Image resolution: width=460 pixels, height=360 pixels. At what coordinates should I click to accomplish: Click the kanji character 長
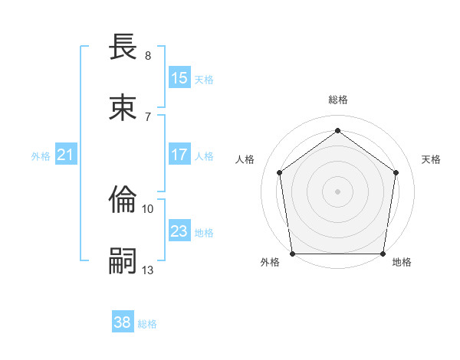(x=123, y=47)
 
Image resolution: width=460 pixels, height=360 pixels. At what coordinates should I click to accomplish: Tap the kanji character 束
(x=123, y=107)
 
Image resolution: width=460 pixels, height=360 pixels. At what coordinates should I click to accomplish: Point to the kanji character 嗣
(x=123, y=260)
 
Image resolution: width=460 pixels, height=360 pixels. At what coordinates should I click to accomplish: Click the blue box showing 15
(x=179, y=77)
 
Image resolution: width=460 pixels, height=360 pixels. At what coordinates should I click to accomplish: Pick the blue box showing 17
(x=179, y=155)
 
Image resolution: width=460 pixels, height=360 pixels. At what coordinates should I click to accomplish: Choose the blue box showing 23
(x=179, y=231)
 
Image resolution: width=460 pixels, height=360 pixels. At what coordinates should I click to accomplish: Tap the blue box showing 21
(x=66, y=155)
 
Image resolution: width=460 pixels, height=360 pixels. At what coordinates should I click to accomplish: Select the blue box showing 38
(x=123, y=322)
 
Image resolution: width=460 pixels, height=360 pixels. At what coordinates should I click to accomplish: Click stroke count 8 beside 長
(x=148, y=56)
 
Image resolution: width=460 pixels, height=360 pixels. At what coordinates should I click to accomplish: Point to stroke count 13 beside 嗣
(x=148, y=270)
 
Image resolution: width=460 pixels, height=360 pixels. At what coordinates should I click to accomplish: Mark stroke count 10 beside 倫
(x=148, y=208)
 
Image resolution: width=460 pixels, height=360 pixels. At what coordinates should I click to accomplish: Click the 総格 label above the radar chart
(x=338, y=100)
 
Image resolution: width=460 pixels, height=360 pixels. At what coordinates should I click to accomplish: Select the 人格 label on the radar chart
(x=245, y=159)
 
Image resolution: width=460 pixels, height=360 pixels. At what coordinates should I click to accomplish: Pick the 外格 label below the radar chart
(x=270, y=262)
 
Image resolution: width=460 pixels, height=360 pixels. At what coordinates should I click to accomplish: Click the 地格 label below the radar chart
(x=402, y=262)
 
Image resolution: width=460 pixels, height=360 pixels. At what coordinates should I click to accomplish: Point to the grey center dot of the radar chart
(x=337, y=191)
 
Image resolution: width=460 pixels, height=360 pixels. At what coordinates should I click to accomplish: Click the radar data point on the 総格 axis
(x=337, y=130)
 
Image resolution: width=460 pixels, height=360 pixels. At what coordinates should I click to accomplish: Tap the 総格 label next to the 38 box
(x=148, y=324)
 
